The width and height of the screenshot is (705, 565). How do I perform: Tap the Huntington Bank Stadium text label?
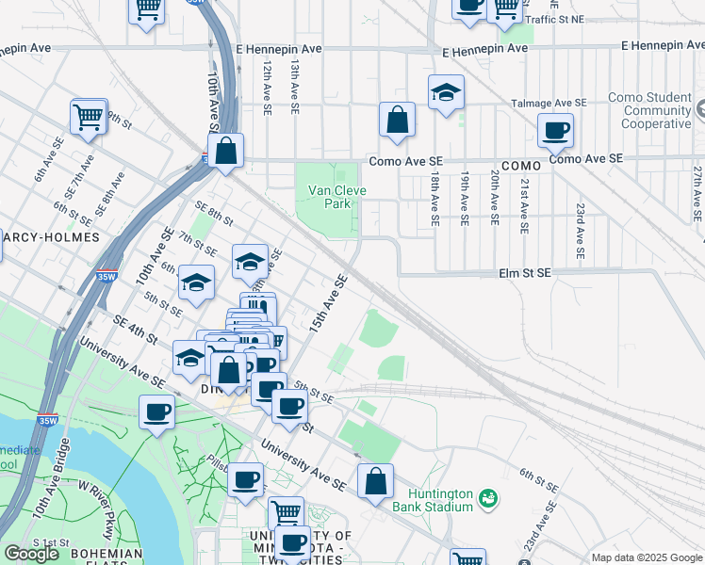[x=439, y=499]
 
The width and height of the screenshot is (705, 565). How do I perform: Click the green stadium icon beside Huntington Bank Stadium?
[x=488, y=497]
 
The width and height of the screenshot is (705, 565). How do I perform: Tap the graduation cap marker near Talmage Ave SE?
[x=446, y=93]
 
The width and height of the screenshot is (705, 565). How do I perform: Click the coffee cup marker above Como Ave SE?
[x=555, y=130]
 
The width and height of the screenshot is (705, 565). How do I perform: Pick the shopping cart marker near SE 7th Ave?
[x=88, y=118]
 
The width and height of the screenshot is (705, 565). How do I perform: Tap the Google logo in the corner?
[x=31, y=554]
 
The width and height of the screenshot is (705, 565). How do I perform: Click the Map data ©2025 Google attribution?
[x=647, y=557]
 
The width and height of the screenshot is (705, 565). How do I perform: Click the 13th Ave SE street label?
[x=294, y=87]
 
